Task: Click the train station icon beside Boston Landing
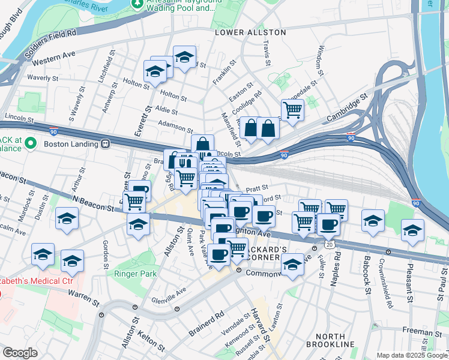coord(105,144)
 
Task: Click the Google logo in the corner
coord(20,353)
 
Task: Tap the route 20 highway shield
coord(328,245)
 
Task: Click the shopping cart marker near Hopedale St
coord(292,110)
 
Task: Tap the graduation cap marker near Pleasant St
coord(412,230)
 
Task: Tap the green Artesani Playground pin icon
coord(138,5)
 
